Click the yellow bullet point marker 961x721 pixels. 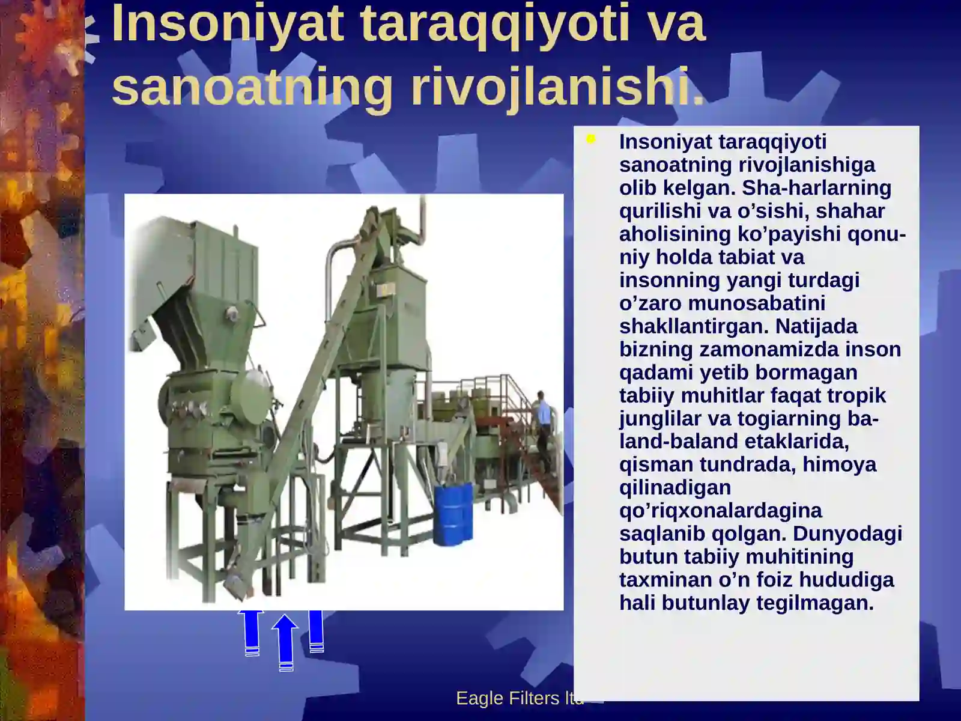pos(591,139)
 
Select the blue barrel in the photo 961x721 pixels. pos(453,515)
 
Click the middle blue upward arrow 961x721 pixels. pos(285,642)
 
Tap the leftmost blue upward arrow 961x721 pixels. pos(252,632)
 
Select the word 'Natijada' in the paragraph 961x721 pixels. pos(816,326)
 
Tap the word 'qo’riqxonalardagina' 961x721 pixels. pos(720,511)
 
